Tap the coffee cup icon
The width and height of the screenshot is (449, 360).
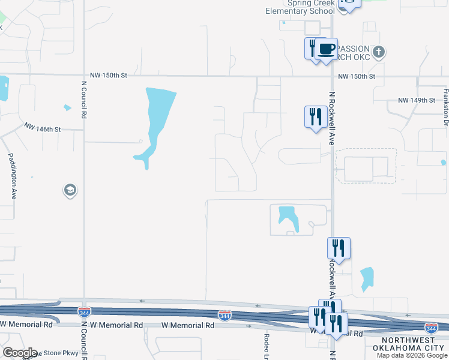[x=327, y=49]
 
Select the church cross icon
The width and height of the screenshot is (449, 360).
[x=378, y=52]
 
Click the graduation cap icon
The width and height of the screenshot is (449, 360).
[x=70, y=191]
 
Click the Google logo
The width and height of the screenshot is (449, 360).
[x=19, y=353]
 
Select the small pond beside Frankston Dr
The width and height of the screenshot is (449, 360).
[x=443, y=162]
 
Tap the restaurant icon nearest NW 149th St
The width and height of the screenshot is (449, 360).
[x=316, y=116]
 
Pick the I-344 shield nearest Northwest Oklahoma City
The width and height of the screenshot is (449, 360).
[x=430, y=327]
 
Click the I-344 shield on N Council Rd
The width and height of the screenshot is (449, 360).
[x=85, y=311]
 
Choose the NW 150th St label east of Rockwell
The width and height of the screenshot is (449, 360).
[x=356, y=77]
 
